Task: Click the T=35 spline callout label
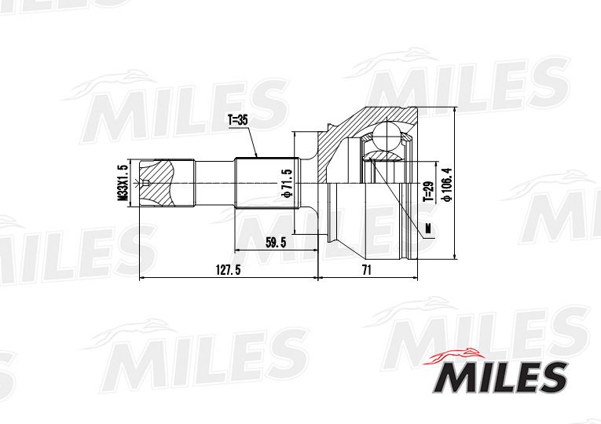pos(237,121)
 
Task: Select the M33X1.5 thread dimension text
pos(123,183)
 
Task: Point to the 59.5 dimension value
pos(275,243)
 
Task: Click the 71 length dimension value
pos(367,269)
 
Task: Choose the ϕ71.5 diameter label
pos(288,182)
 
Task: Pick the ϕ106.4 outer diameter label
pos(445,183)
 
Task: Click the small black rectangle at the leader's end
pos(429,228)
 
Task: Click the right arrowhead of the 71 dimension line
pos(416,277)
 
